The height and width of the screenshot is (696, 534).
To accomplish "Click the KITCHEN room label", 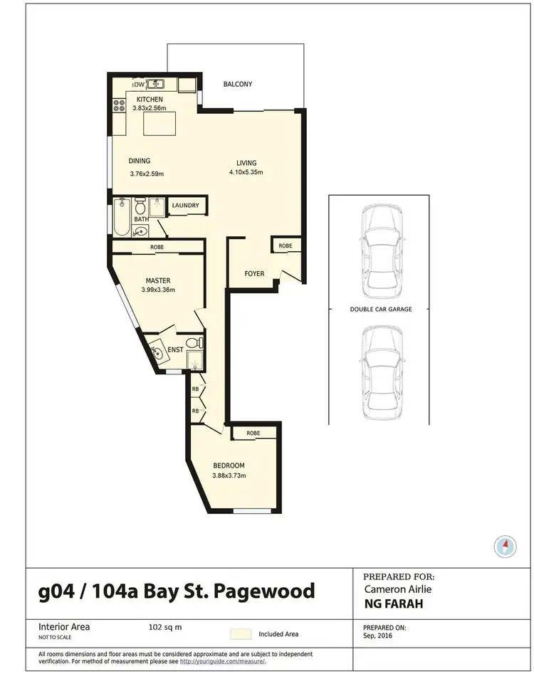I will (150, 99).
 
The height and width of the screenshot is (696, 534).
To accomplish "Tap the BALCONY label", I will (237, 84).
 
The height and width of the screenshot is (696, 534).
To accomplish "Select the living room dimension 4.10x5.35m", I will (246, 172).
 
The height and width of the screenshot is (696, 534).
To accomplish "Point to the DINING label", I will (140, 161).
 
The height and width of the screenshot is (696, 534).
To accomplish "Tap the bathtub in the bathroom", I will (120, 218).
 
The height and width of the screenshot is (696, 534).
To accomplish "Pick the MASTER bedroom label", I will (157, 280).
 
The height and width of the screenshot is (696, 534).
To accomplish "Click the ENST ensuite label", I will (176, 349).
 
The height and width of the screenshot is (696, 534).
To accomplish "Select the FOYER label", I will (254, 273).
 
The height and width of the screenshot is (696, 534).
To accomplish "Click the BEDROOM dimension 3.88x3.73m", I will (234, 476).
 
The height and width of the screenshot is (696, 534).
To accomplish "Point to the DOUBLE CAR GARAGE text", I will (381, 310).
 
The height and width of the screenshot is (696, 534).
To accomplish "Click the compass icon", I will (504, 547).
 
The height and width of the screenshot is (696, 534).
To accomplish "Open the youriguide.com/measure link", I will (222, 661).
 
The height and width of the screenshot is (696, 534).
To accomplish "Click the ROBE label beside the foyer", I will (285, 246).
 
